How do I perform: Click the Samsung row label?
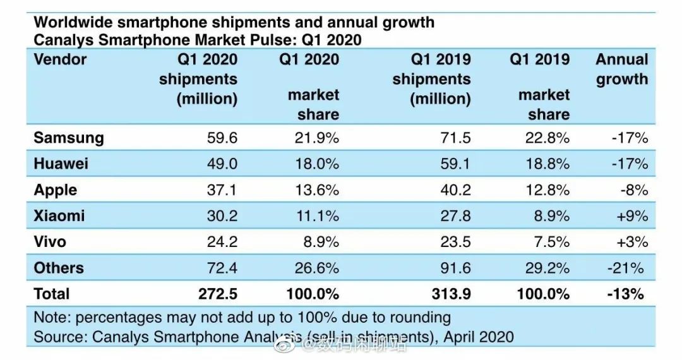point(68,138)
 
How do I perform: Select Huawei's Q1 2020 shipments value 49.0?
point(222,164)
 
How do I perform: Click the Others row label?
point(59,268)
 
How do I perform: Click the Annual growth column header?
point(622,69)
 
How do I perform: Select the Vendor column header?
point(60,60)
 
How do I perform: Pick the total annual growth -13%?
point(627,294)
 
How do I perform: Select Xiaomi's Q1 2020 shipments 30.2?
point(222,216)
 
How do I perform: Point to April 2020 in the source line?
point(478,337)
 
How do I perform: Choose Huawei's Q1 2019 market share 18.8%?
point(547,164)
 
